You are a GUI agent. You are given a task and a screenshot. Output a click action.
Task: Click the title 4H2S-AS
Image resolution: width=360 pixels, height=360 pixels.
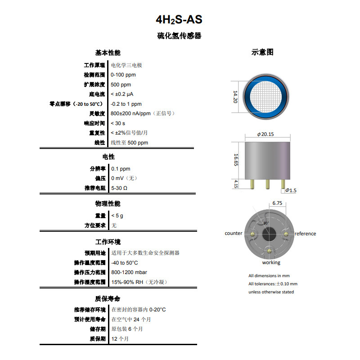(179, 20)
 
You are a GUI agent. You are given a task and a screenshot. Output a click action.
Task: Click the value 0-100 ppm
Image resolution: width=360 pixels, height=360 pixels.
(123, 75)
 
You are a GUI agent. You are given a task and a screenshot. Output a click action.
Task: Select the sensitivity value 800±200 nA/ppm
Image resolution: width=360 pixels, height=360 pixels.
(130, 113)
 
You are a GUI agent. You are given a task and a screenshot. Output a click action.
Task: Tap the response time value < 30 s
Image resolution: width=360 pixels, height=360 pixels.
(118, 123)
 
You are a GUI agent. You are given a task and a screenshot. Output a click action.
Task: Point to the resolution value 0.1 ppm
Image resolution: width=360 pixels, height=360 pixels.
(121, 169)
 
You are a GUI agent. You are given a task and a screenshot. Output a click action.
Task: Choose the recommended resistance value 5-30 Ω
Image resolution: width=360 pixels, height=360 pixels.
(119, 188)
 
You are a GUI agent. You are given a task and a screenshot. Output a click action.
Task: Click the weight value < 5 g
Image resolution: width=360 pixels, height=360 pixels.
(117, 216)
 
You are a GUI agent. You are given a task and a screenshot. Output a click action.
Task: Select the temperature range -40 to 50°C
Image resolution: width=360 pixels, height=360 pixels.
(125, 263)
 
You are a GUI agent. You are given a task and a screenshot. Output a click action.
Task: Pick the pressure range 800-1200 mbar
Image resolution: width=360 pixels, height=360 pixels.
(129, 272)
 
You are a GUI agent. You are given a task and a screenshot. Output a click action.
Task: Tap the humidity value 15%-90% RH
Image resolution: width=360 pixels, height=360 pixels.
(127, 282)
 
